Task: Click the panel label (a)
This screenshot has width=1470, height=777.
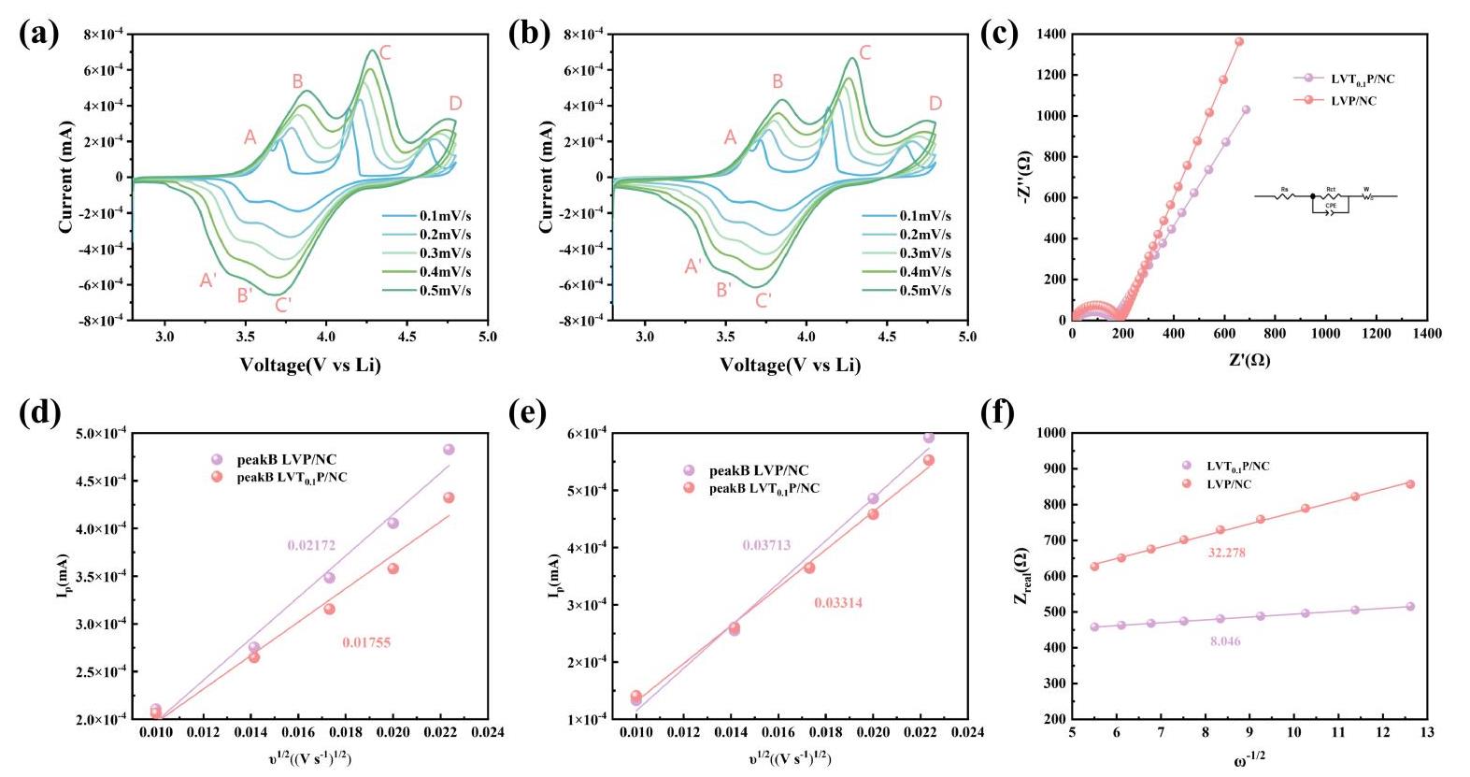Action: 39,34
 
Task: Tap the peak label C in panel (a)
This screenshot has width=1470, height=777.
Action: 385,53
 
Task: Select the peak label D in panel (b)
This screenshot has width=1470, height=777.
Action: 935,104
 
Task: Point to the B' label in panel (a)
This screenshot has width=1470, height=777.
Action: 245,296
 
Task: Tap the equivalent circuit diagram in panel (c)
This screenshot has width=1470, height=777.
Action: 1325,199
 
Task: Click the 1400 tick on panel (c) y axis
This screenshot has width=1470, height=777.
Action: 1050,35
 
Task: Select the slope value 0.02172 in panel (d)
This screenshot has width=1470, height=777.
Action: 311,545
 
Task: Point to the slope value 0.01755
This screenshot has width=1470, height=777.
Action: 366,642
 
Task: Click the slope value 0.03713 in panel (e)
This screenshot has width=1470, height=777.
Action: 766,545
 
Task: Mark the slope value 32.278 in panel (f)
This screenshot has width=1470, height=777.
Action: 1226,553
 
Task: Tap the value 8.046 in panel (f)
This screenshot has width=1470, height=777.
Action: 1225,641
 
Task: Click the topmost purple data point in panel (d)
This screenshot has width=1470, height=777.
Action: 449,450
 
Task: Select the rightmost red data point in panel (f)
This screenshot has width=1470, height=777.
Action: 1410,484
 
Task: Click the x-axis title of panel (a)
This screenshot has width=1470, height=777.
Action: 310,365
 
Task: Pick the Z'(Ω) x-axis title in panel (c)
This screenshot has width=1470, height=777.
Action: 1249,360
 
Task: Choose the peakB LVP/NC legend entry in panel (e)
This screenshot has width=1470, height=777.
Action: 759,470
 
